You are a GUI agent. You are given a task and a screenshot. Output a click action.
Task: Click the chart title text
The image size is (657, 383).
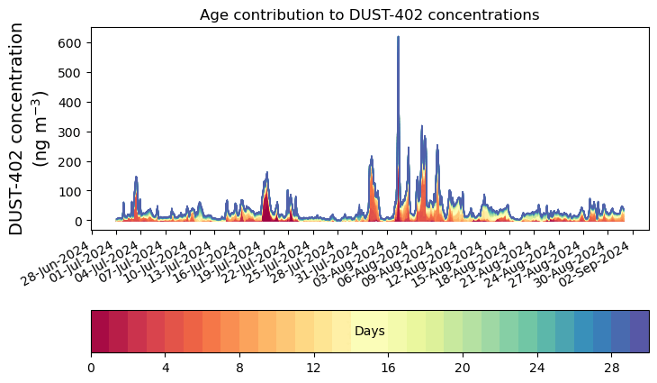click(369, 15)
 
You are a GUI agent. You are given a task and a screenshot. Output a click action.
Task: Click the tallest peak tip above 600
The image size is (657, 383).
click(398, 38)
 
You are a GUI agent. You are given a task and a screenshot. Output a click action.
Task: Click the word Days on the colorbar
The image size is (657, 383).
click(369, 332)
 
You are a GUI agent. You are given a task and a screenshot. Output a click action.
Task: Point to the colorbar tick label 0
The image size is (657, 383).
click(91, 369)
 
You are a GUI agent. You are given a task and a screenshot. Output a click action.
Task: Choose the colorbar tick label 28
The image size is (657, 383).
click(611, 369)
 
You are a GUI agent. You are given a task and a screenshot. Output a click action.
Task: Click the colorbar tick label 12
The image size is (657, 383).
click(314, 369)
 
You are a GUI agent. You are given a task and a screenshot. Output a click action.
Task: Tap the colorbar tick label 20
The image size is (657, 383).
click(463, 369)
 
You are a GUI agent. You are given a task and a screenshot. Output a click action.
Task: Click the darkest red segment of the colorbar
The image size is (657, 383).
click(100, 331)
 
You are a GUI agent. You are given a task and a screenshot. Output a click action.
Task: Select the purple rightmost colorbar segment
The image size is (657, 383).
click(639, 331)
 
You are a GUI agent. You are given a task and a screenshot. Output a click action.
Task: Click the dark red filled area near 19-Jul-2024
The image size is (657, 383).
click(265, 211)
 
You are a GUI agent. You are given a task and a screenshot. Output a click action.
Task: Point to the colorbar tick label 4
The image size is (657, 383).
click(166, 369)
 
